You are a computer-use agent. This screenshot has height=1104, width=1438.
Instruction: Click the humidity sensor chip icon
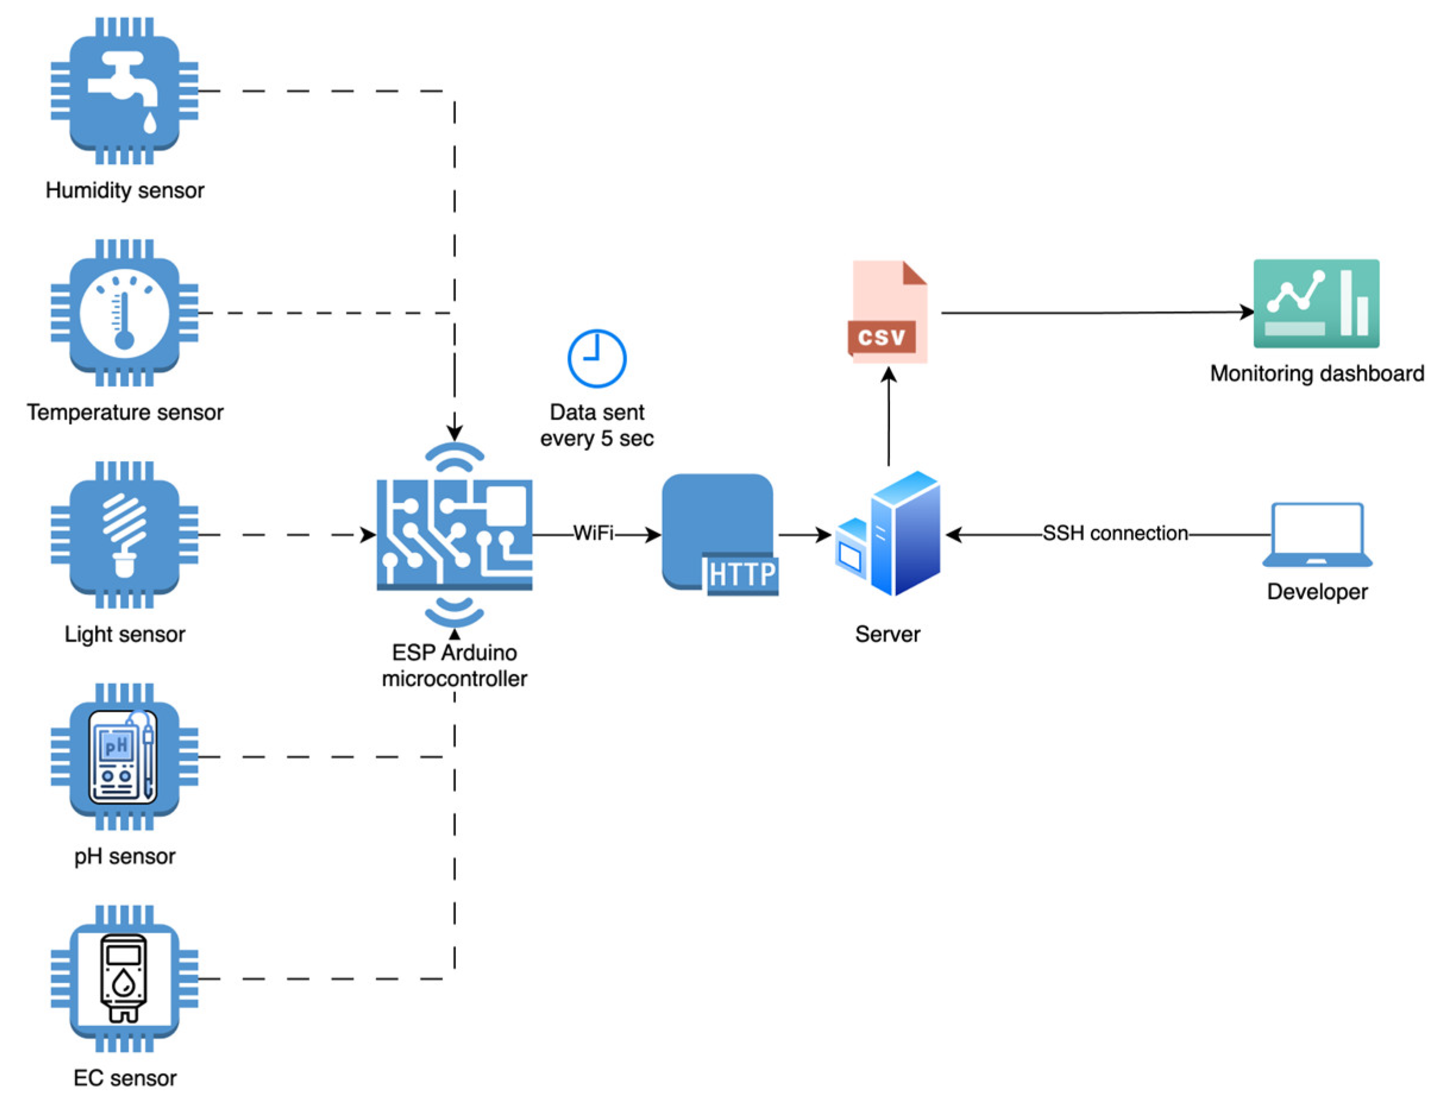tap(124, 91)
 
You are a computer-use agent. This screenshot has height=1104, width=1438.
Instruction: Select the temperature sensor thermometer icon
tap(124, 313)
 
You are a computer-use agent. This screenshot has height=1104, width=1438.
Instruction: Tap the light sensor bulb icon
tap(124, 535)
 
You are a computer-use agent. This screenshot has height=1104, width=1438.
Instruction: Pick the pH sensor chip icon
tap(124, 757)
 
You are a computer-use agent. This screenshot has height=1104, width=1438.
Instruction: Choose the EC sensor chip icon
tap(124, 979)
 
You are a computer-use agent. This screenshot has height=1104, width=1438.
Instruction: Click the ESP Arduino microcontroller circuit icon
tap(454, 535)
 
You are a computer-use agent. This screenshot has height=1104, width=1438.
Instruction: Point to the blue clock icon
tap(596, 358)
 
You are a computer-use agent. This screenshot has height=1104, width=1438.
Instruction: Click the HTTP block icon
tap(720, 535)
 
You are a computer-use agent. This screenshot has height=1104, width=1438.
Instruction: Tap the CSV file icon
tap(888, 311)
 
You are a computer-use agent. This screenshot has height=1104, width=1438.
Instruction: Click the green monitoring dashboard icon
tap(1316, 304)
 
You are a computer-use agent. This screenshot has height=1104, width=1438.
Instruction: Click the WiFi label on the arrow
tap(593, 533)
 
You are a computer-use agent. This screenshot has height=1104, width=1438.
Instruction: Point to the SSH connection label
tap(1115, 533)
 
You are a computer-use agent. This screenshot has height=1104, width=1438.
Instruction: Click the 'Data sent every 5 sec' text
tap(597, 425)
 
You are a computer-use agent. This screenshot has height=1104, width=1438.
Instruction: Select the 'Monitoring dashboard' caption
tap(1317, 373)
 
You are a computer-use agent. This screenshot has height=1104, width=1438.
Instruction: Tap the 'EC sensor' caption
tap(125, 1078)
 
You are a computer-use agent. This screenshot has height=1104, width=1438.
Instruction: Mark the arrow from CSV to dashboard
tap(1097, 312)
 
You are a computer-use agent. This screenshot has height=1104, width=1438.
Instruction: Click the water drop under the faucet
tap(150, 122)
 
